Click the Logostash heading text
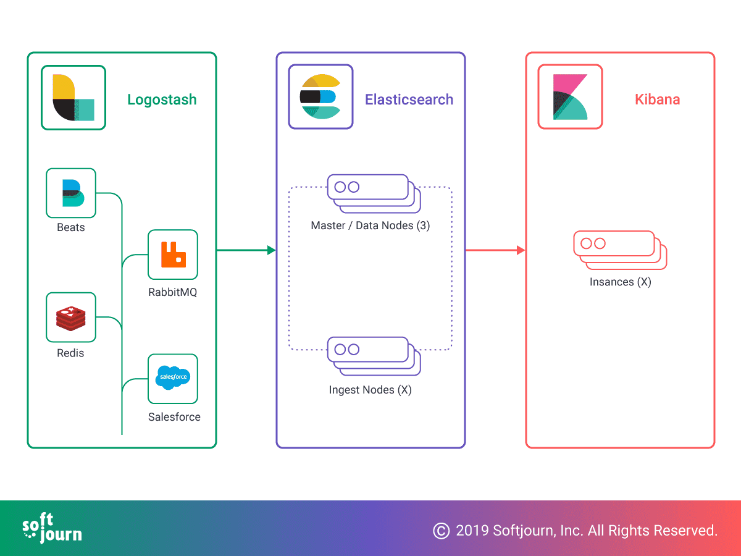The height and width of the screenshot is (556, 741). coord(162,100)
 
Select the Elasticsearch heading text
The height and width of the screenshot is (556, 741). coord(409,99)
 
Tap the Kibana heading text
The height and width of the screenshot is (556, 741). coord(657,99)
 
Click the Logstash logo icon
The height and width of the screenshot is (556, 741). coord(73,98)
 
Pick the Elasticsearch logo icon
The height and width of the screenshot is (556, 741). coord(320,97)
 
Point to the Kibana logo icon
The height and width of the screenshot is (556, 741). coord(570,97)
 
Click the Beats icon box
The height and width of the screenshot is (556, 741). coord(71,193)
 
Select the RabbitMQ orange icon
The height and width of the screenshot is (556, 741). coord(173,255)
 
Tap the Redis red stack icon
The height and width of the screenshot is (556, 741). coord(71,318)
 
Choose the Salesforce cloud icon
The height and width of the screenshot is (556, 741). coord(173,377)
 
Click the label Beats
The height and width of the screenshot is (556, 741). coord(71,227)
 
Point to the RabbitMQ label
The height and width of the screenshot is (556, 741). coord(172,292)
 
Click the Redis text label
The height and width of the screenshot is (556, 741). coord(70,353)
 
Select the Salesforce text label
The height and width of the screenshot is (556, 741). coord(174,417)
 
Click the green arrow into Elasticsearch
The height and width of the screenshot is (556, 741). coord(246,250)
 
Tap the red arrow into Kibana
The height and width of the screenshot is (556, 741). coord(495,250)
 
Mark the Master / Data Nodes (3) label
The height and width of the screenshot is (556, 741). coord(371,225)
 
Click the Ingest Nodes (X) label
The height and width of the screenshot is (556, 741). coord(371,390)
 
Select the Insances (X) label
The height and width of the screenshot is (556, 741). coord(620,282)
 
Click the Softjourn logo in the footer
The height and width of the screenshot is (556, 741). coord(52,528)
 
